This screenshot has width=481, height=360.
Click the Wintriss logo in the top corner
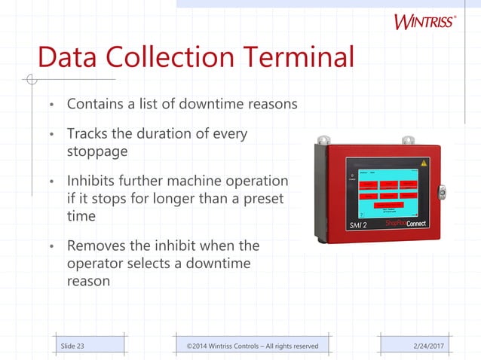(x=424, y=20)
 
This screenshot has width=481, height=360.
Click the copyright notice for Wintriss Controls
(x=253, y=346)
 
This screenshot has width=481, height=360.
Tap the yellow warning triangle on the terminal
(x=424, y=163)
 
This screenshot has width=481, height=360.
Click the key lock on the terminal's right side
(x=443, y=193)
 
